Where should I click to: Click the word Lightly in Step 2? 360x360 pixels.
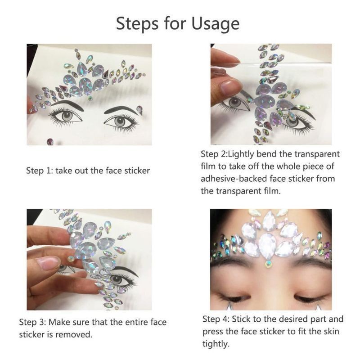[247, 154]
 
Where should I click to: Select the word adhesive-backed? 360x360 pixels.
[234, 179]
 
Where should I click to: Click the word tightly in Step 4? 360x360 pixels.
[216, 344]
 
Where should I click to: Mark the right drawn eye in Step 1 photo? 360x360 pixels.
[121, 121]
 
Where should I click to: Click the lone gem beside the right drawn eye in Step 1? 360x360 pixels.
[140, 109]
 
